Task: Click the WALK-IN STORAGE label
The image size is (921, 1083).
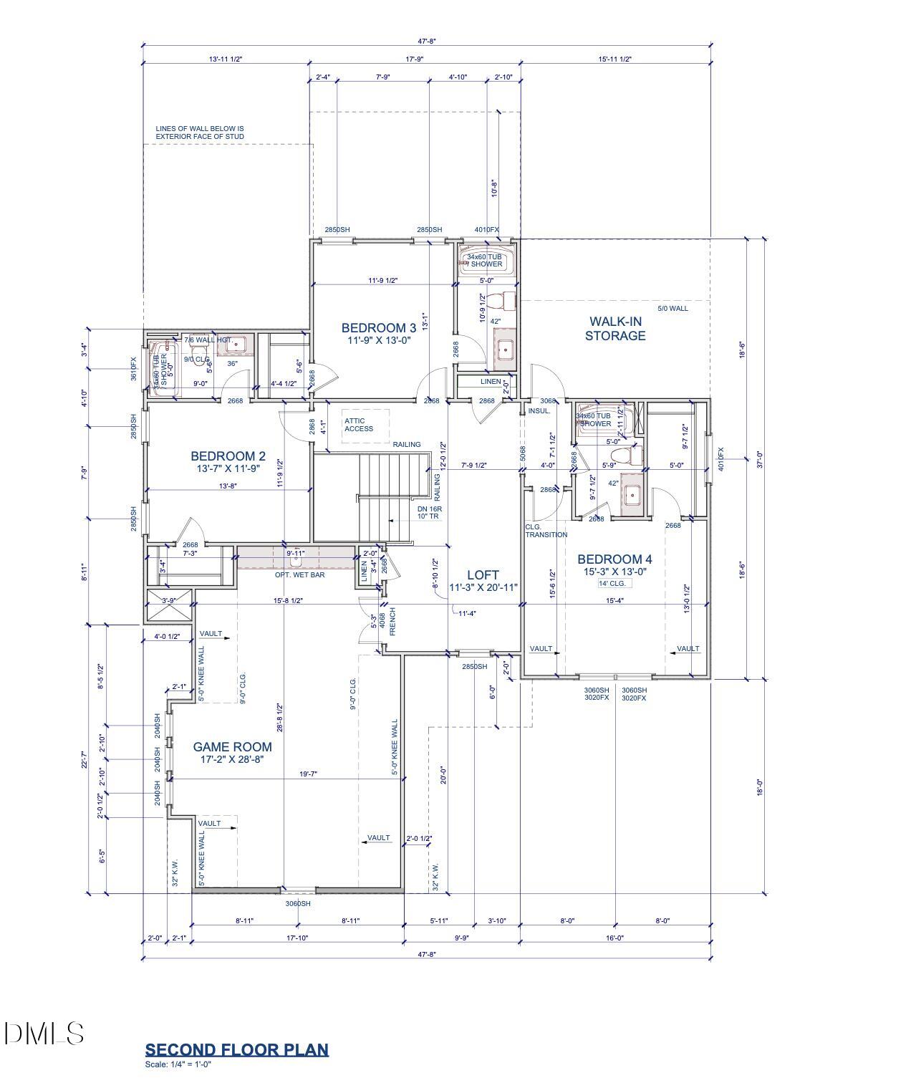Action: (x=615, y=329)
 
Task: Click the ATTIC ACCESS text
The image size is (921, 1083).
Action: (x=359, y=425)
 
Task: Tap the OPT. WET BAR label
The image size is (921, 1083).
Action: (x=300, y=575)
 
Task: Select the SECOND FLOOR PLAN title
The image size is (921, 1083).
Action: (x=236, y=1050)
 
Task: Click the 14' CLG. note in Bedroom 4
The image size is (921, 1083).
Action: (x=612, y=584)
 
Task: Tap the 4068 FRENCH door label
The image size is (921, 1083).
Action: (x=387, y=623)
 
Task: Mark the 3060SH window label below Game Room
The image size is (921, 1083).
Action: (x=298, y=904)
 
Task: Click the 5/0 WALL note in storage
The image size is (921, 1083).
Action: (x=672, y=309)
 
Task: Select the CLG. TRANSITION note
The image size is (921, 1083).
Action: (x=546, y=531)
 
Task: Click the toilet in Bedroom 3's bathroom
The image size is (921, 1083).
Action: (x=508, y=297)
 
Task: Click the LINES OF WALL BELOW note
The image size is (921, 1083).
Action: (x=200, y=133)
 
